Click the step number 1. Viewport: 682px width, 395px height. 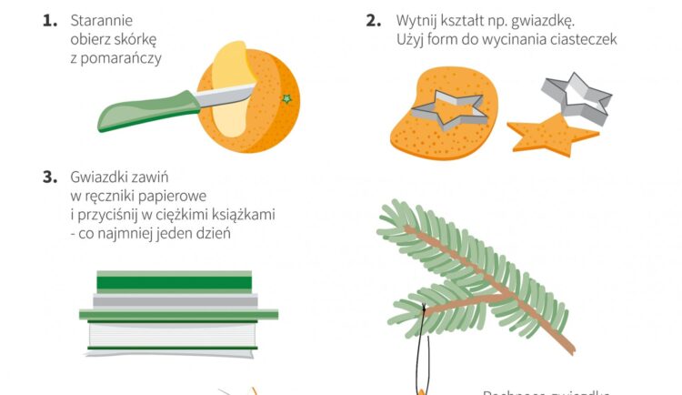pyautogui.click(x=49, y=19)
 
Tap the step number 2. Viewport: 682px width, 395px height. pyautogui.click(x=373, y=19)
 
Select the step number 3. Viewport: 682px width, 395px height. pyautogui.click(x=49, y=177)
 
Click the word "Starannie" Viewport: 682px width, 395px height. pyautogui.click(x=100, y=20)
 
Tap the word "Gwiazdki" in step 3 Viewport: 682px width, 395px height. pyautogui.click(x=102, y=177)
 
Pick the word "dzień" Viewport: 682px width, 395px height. pyautogui.click(x=211, y=234)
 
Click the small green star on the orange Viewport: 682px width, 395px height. pyautogui.click(x=287, y=98)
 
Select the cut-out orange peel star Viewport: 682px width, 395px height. pyautogui.click(x=551, y=135)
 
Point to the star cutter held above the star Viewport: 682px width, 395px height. pyautogui.click(x=577, y=97)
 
